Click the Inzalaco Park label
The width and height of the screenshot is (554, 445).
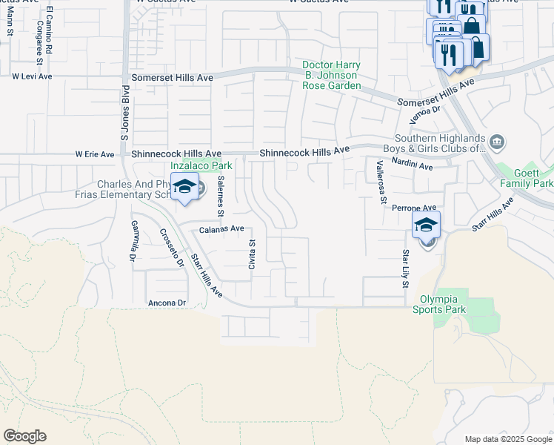click(x=201, y=165)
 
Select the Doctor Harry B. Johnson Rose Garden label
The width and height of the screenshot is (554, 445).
click(x=331, y=75)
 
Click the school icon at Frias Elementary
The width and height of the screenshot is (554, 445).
click(x=184, y=186)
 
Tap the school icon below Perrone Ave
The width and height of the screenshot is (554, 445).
click(x=426, y=225)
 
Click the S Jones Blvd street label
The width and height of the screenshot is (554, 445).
click(x=125, y=116)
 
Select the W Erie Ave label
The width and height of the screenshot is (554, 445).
click(x=95, y=154)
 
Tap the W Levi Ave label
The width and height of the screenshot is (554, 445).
click(x=32, y=76)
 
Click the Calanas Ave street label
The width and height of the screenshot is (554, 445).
click(x=221, y=230)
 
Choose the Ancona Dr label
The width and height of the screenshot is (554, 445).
click(x=167, y=303)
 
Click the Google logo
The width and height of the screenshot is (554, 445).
click(x=24, y=436)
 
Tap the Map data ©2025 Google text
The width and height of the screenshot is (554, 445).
click(x=508, y=439)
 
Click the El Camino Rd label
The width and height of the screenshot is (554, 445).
click(x=49, y=31)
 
